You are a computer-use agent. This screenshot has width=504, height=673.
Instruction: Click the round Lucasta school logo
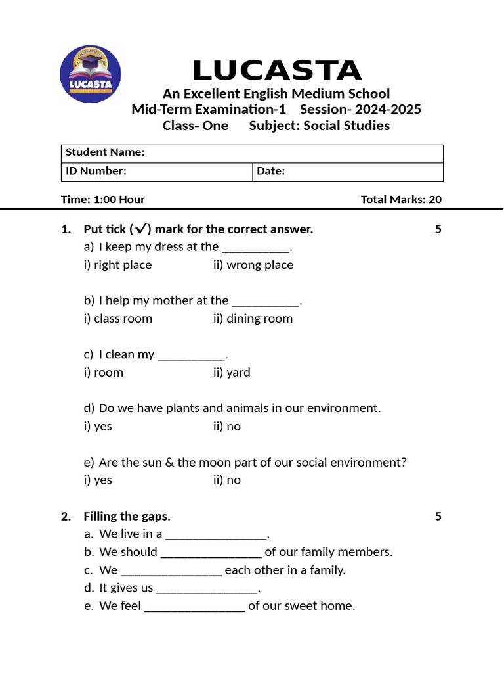(x=91, y=74)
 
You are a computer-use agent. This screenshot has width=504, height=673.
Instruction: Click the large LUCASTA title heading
(x=276, y=71)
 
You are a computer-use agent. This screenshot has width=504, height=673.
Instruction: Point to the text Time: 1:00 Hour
(x=103, y=200)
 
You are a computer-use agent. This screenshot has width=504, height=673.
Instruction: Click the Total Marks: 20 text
(x=401, y=200)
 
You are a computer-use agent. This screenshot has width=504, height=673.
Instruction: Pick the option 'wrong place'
(x=253, y=265)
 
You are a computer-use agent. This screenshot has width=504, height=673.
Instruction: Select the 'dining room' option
(x=253, y=319)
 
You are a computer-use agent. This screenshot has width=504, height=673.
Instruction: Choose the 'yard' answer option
(x=232, y=373)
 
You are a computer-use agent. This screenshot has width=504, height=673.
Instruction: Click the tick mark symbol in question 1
(x=140, y=229)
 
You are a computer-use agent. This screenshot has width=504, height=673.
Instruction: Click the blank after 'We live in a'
(x=216, y=534)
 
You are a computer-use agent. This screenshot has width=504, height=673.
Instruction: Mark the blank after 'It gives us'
(x=207, y=588)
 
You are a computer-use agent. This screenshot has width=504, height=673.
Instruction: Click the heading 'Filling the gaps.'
(x=127, y=517)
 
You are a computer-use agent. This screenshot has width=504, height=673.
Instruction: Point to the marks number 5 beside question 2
(x=438, y=517)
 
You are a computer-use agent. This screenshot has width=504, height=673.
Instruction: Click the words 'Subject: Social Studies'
(x=320, y=126)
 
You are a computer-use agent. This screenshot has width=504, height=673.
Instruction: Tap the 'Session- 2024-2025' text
(x=360, y=109)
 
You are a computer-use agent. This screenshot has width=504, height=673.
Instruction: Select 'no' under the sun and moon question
(x=226, y=480)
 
